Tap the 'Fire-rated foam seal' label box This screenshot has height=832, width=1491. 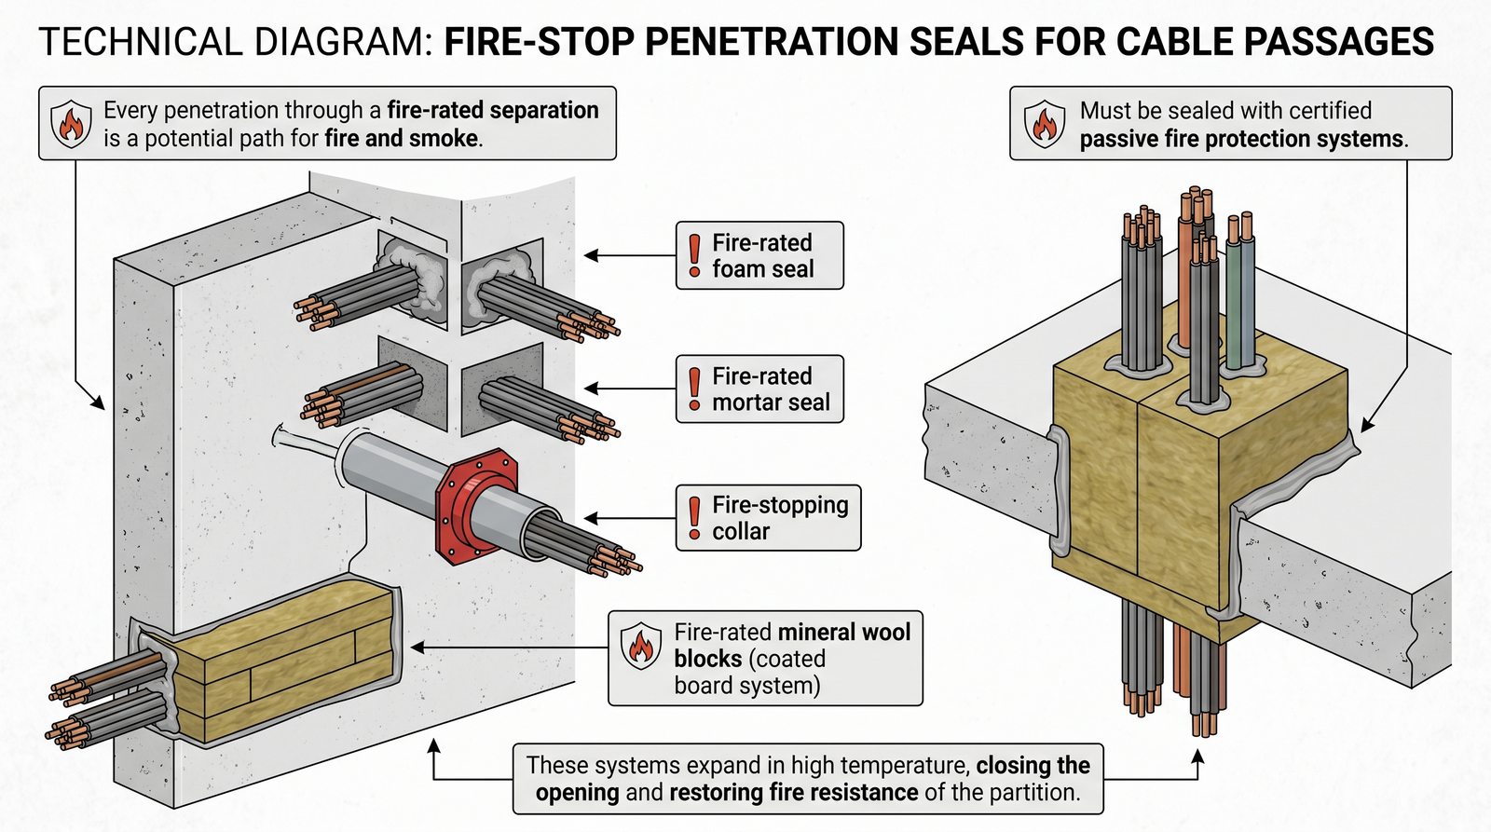(759, 255)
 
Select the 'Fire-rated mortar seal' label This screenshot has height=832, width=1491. (759, 389)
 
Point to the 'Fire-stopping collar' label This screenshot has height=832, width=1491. (768, 518)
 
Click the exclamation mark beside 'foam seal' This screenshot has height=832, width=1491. (694, 255)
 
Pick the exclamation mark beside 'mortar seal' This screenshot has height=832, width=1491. (694, 389)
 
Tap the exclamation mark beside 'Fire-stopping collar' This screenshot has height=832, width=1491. (694, 518)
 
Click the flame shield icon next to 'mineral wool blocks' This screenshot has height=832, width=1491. (640, 645)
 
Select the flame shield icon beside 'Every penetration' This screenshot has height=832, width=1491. (71, 123)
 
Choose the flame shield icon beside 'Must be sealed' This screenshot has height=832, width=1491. (1044, 123)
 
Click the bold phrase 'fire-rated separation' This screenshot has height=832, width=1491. (493, 110)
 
